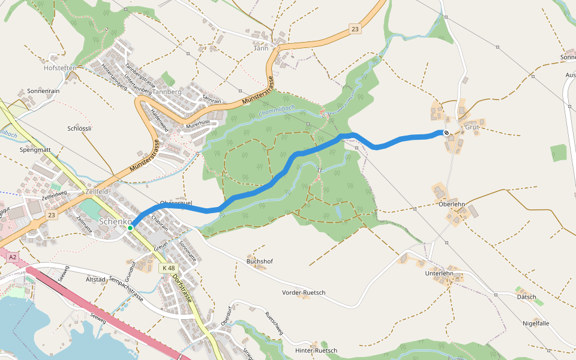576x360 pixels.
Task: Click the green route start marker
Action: pyautogui.click(x=130, y=228)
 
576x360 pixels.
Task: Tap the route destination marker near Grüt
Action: pyautogui.click(x=446, y=133)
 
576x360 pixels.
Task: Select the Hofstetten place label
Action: pyautogui.click(x=60, y=68)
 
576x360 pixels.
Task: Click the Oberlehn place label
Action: pyautogui.click(x=452, y=204)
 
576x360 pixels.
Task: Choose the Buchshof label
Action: pyautogui.click(x=260, y=262)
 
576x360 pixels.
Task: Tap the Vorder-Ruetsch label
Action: pyautogui.click(x=304, y=292)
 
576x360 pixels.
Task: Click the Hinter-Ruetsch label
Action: pyautogui.click(x=316, y=350)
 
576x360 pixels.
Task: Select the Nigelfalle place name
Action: pyautogui.click(x=536, y=323)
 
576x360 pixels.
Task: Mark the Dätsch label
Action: pyautogui.click(x=526, y=297)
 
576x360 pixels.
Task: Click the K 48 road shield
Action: pyautogui.click(x=167, y=268)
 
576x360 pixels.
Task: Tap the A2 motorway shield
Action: pyautogui.click(x=13, y=257)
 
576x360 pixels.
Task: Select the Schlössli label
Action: pyautogui.click(x=79, y=128)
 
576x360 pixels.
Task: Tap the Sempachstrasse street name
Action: pyautogui.click(x=126, y=289)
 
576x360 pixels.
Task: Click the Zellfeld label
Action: pyautogui.click(x=97, y=190)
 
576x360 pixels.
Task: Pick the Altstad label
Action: pyautogui.click(x=95, y=280)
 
